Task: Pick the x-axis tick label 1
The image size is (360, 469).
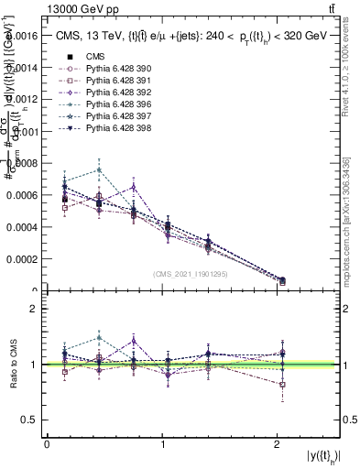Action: [x=162, y=444]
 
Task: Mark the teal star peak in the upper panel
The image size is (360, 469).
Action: [x=99, y=169]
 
